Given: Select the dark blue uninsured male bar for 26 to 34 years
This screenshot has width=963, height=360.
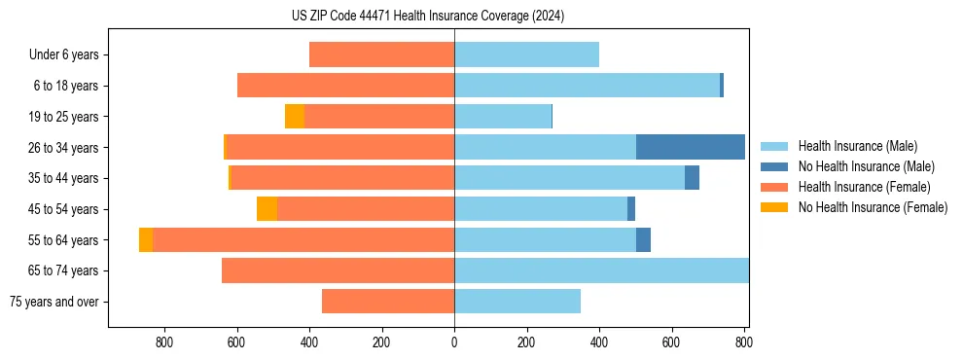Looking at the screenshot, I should [691, 147].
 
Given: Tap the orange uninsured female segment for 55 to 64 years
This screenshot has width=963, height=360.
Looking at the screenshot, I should [146, 240].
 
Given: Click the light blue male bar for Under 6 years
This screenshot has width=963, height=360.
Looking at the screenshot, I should [526, 54].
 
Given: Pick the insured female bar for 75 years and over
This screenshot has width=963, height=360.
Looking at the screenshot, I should [388, 302].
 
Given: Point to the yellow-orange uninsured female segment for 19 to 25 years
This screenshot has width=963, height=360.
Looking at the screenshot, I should [295, 117].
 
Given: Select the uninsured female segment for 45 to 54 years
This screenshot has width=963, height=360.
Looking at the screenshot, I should [267, 209].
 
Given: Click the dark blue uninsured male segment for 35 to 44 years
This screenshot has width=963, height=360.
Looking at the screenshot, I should [692, 178].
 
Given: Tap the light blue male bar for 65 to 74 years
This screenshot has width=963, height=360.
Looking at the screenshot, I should [601, 270].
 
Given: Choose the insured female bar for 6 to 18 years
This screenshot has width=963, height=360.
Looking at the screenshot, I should [345, 86].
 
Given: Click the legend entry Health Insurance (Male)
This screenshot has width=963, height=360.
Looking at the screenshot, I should [857, 146].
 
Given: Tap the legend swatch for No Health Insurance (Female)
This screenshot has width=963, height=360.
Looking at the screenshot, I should [774, 207].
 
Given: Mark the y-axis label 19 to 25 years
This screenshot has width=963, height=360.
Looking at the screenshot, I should [64, 117].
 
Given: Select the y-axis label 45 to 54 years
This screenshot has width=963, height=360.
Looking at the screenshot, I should [64, 209].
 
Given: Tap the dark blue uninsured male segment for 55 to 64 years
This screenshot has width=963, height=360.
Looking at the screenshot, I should [643, 240].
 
